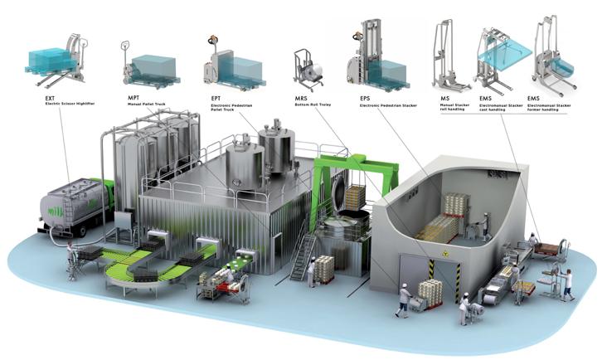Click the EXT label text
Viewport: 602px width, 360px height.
tap(51, 97)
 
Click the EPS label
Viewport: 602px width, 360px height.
tap(366, 97)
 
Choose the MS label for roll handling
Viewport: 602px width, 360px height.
tap(445, 97)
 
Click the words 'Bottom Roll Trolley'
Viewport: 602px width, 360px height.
tap(315, 105)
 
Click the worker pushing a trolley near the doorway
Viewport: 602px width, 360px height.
tap(404, 300)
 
